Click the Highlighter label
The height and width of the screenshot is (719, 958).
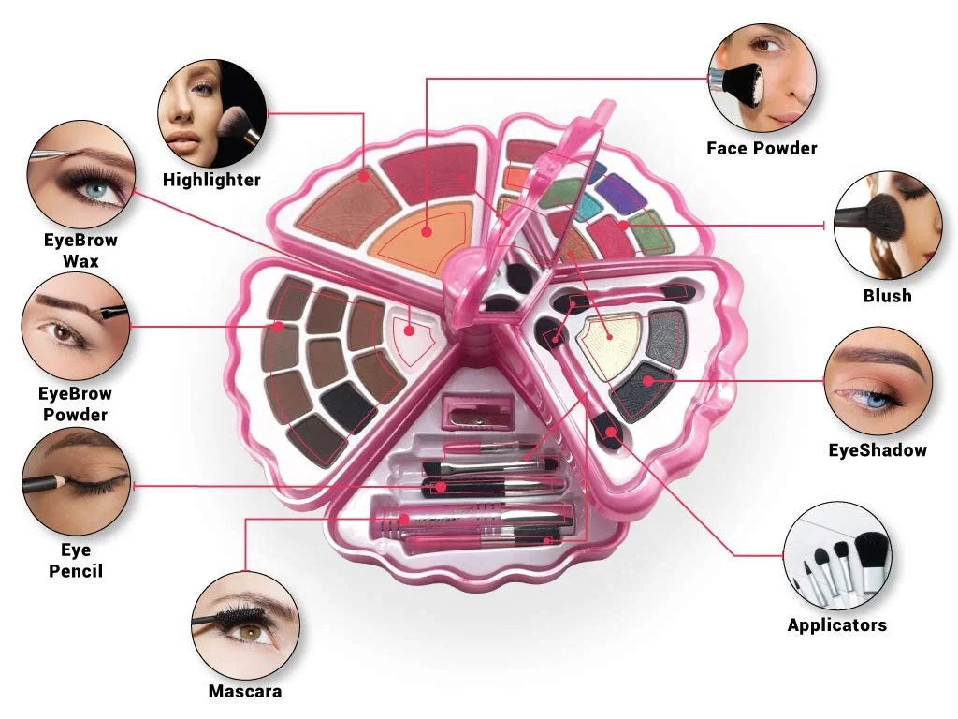pyautogui.click(x=211, y=180)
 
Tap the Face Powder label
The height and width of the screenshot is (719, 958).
pyautogui.click(x=762, y=148)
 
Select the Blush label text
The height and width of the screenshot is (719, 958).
pyautogui.click(x=887, y=295)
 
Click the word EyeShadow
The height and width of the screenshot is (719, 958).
pyautogui.click(x=878, y=450)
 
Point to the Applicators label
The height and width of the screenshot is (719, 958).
pyautogui.click(x=836, y=624)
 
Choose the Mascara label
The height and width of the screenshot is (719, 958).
pyautogui.click(x=244, y=692)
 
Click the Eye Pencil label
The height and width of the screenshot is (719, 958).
pyautogui.click(x=76, y=560)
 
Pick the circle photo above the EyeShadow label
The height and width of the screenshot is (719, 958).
pyautogui.click(x=878, y=381)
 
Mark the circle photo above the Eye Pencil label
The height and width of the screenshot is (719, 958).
pyautogui.click(x=75, y=481)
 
